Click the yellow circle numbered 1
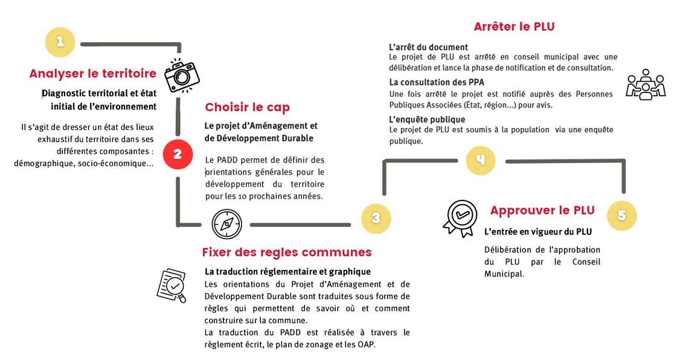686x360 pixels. tap(60, 42)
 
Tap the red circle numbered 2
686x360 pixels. tap(178, 155)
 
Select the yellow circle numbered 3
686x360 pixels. tap(376, 219)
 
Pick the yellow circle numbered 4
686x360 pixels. tap(480, 160)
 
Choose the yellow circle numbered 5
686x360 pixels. tap(621, 216)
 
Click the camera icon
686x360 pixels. tap(182, 76)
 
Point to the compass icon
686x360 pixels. tap(226, 224)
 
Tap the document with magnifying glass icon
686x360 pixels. tap(171, 285)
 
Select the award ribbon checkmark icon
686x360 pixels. tap(460, 217)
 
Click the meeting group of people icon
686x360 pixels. tap(645, 85)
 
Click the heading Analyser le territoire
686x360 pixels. tap(93, 74)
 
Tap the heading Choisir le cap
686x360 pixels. tap(247, 108)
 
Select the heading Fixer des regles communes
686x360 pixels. tap(287, 252)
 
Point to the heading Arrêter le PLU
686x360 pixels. tap(514, 27)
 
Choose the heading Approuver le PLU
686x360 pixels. tap(542, 210)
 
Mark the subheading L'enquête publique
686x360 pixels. tap(427, 119)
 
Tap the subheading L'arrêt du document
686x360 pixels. tap(428, 47)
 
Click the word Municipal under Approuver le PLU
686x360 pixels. tap(504, 274)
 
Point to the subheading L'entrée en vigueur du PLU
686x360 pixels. tap(537, 231)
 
